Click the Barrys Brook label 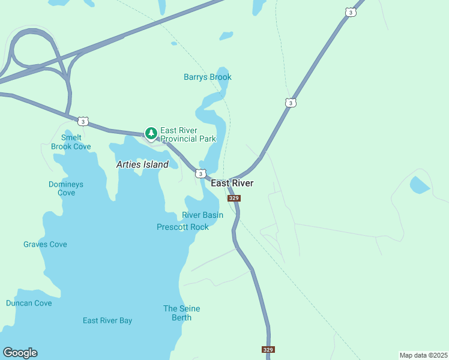tap(207, 77)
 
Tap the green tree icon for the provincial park tap(151, 133)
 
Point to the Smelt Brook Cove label tap(71, 142)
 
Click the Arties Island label tap(142, 164)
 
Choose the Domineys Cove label tap(66, 188)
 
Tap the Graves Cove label tap(45, 244)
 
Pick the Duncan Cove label tap(29, 303)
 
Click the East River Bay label tap(107, 320)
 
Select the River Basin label tap(202, 215)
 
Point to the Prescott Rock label tap(182, 227)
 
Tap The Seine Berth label tap(181, 313)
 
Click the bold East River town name tap(232, 183)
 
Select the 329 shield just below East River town tap(234, 198)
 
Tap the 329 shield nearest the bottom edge tap(268, 349)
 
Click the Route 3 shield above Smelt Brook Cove tap(83, 122)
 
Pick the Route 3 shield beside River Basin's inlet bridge tap(199, 173)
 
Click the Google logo tap(20, 353)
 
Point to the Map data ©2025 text tap(423, 355)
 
